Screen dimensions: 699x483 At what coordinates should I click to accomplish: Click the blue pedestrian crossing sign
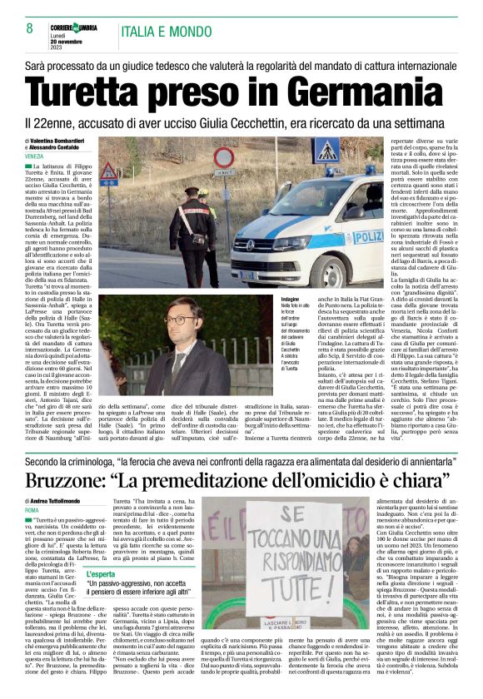326,151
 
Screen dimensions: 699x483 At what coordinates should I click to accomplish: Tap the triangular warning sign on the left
108,171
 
